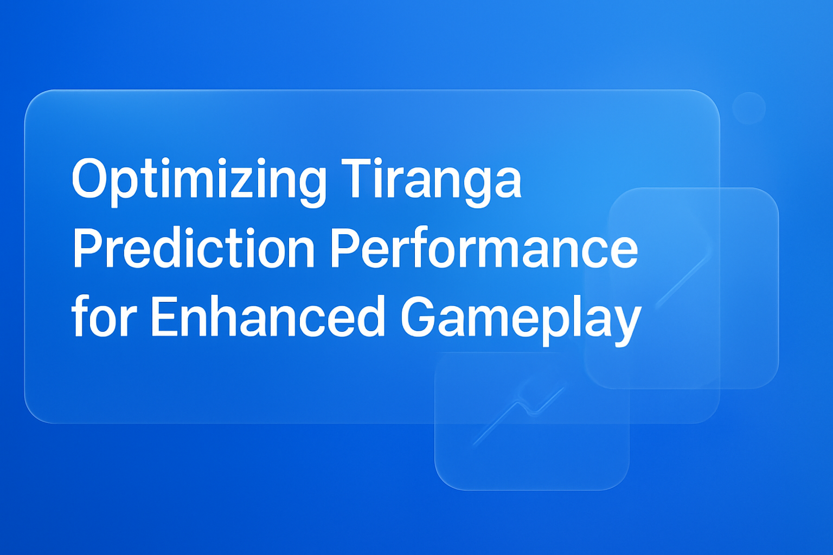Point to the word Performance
tap(484, 248)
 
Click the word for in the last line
tap(103, 317)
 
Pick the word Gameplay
tap(521, 320)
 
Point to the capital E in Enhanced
tap(162, 317)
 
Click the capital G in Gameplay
tap(418, 317)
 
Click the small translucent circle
tap(748, 108)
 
